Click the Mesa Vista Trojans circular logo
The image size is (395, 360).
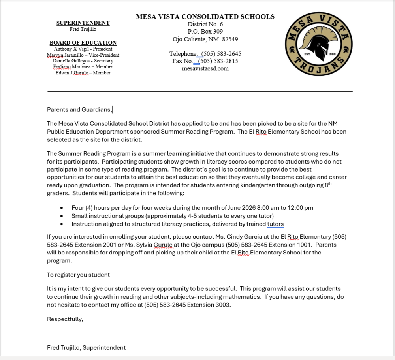319,43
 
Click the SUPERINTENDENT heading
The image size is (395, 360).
83,23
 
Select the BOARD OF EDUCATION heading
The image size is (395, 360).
83,43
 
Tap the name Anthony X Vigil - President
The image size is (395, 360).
83,49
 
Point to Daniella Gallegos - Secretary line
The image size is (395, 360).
83,61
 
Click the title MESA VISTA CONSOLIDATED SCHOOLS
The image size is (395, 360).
205,17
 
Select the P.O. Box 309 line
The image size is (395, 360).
205,32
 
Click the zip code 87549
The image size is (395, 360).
230,39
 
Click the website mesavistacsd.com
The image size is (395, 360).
205,68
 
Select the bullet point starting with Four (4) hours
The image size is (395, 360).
192,208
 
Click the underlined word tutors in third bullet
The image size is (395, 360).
275,224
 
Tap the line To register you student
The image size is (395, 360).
78,275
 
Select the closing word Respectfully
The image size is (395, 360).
65,319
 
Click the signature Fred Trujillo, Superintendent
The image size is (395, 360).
86,348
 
